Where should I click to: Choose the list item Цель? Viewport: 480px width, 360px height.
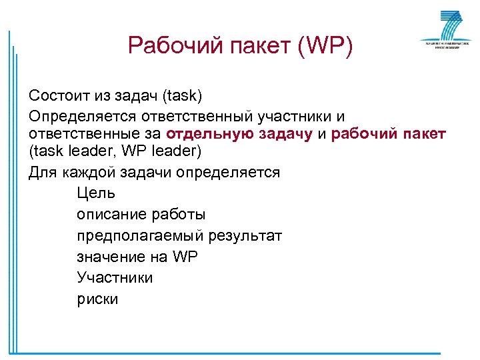pos(96,193)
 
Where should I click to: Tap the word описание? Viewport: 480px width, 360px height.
pos(109,215)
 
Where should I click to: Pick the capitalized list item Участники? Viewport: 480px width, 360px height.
pos(115,277)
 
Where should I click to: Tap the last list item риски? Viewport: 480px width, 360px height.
pos(97,299)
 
